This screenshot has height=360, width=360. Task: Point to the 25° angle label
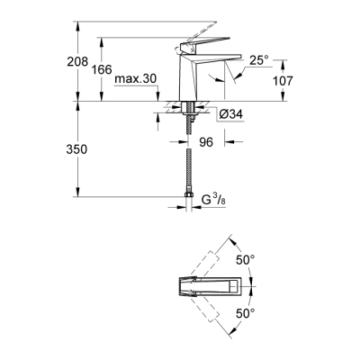pos(257,60)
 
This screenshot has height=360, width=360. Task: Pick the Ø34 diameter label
pos(231,114)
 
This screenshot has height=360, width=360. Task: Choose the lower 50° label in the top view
pos(245,314)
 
